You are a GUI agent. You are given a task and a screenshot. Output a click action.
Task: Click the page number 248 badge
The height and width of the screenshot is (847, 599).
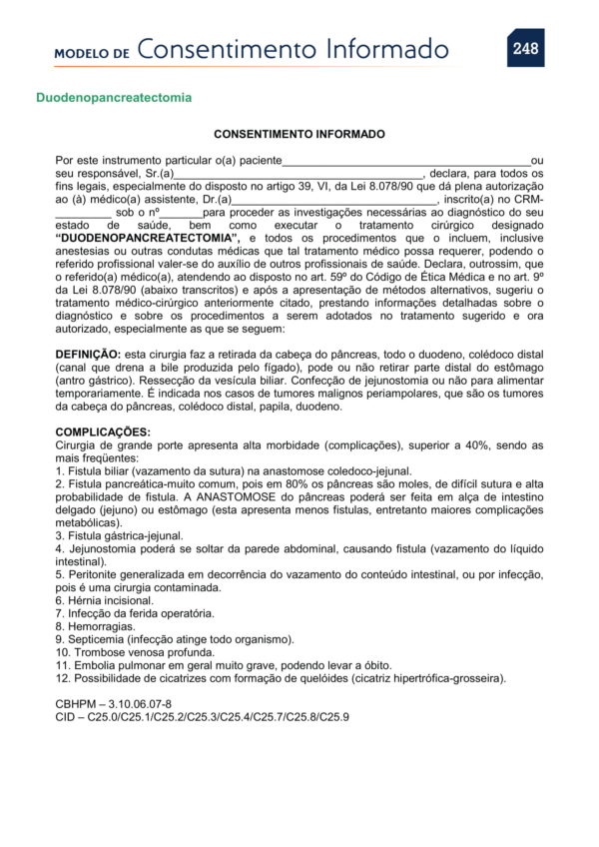525,48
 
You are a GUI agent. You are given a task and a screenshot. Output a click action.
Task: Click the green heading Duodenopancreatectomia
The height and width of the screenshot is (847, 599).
114,99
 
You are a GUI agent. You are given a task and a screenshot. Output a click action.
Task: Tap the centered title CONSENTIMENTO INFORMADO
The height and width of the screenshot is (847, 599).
299,134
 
